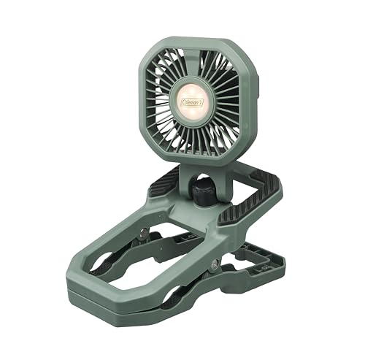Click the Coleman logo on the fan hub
click(192, 102)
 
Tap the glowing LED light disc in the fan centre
click(192, 102)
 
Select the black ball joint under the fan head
click(201, 193)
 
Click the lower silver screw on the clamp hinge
click(215, 264)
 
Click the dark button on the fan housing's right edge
click(258, 85)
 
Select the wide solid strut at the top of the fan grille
click(191, 64)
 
